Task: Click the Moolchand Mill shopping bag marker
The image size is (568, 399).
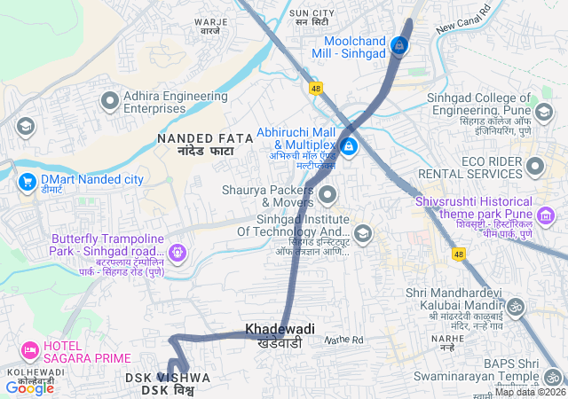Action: [x=399, y=44]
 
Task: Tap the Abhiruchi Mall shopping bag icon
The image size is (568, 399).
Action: [x=349, y=145]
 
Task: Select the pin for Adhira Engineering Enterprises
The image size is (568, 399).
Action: [x=110, y=101]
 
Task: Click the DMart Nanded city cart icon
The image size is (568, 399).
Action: [x=26, y=181]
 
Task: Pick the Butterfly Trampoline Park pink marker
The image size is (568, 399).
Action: [x=178, y=253]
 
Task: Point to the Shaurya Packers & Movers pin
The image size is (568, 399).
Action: [x=328, y=195]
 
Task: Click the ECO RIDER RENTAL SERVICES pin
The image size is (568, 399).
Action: [x=534, y=166]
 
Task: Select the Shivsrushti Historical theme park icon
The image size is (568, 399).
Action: [x=546, y=215]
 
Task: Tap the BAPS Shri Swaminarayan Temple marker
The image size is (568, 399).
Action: [x=553, y=377]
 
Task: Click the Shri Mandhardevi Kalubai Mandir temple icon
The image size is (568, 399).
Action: [x=516, y=308]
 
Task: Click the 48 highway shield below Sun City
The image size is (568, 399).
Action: [x=315, y=88]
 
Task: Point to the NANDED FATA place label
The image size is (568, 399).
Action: [x=205, y=138]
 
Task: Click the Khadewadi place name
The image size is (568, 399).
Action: [x=280, y=329]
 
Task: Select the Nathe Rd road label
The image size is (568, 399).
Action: [x=343, y=340]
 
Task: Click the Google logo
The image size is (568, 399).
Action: [x=29, y=387]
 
